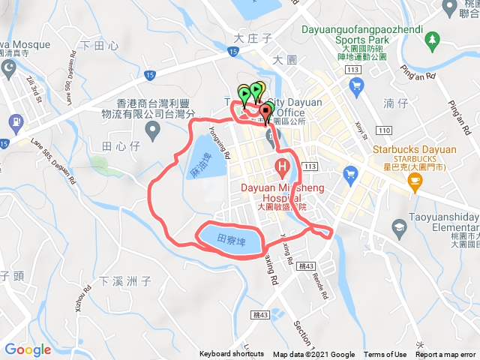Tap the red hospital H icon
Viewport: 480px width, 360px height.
283,166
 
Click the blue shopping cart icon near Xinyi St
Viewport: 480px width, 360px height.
355,85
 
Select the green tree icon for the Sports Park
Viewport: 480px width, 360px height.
433,38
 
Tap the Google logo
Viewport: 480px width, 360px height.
28,349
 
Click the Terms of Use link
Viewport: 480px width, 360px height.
385,355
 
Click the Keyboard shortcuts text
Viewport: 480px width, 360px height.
232,355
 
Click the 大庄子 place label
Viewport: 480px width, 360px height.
251,37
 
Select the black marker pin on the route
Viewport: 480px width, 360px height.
265,114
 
